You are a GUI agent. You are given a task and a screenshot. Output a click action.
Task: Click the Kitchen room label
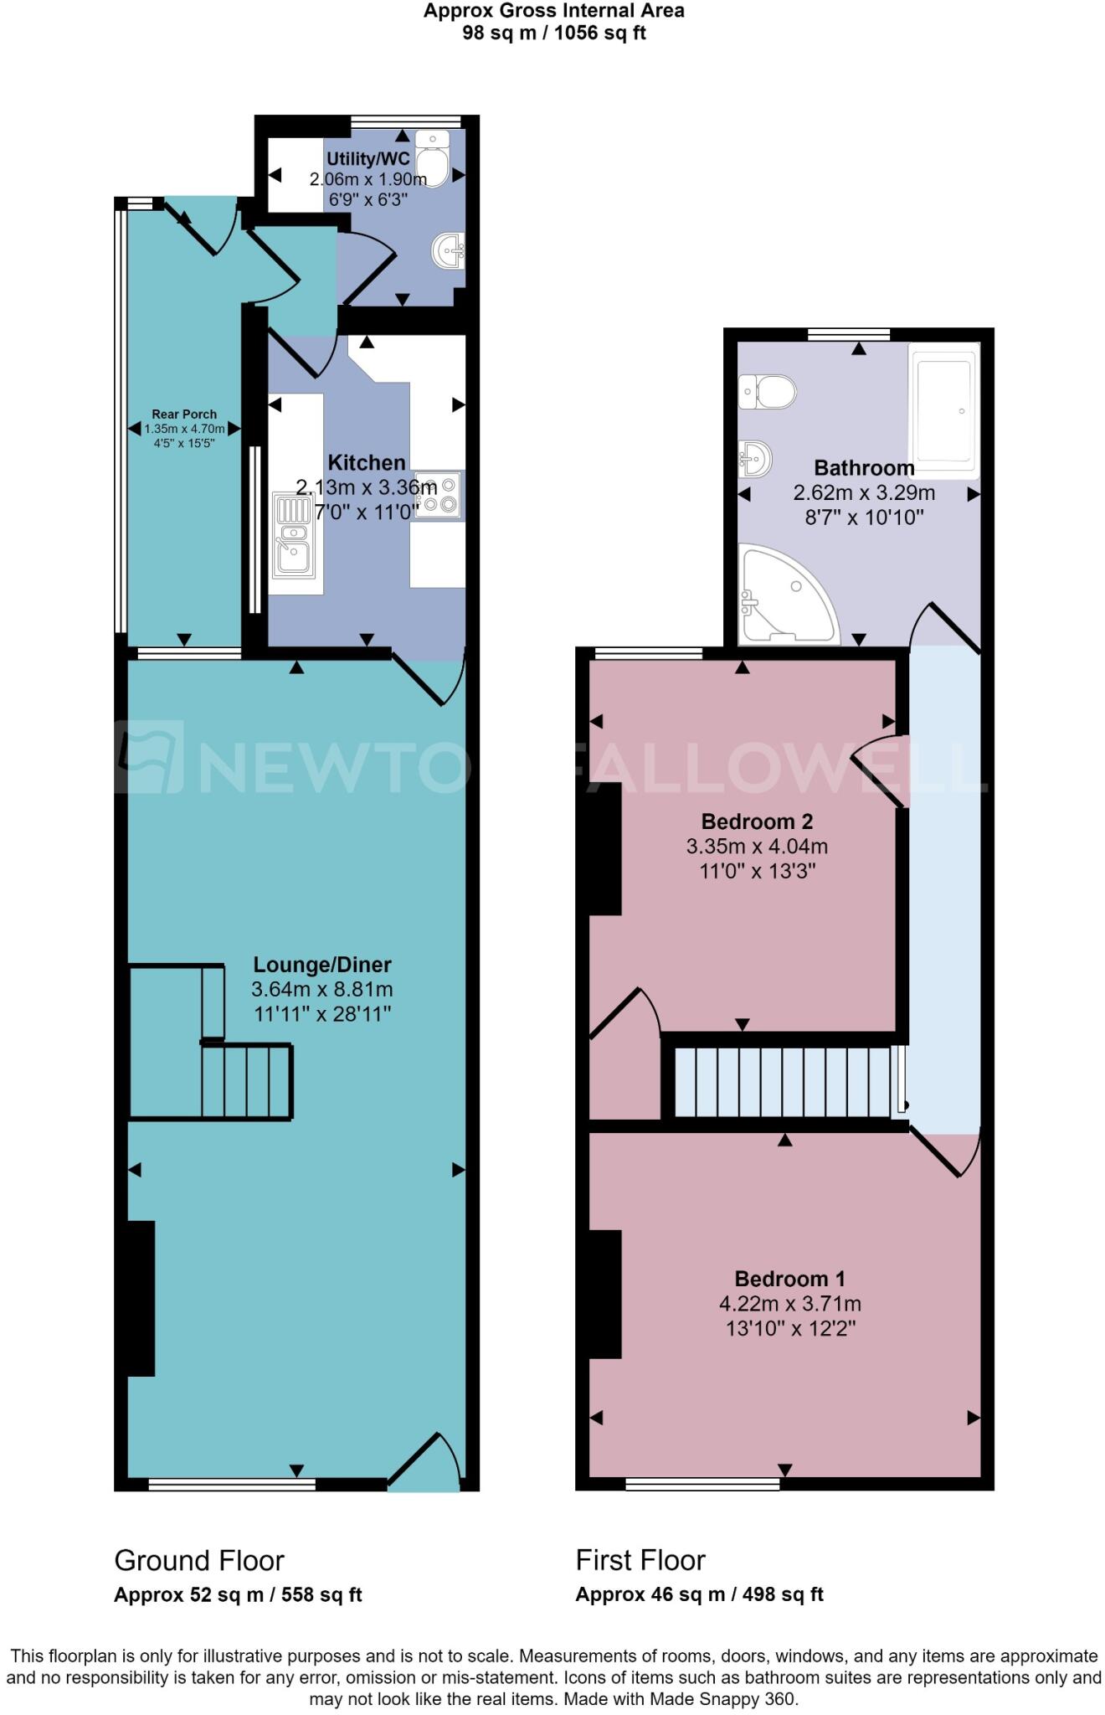366,462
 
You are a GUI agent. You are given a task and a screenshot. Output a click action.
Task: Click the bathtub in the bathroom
944,410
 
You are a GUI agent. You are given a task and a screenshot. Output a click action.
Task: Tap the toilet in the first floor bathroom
767,391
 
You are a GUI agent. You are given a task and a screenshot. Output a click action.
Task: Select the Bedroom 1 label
789,1279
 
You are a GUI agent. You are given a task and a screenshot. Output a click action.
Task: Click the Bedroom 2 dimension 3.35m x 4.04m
757,847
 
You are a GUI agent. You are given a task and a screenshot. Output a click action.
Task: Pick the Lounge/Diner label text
322,965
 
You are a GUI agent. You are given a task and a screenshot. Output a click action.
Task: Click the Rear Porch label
184,414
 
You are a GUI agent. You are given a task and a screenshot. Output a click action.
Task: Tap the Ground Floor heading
199,1560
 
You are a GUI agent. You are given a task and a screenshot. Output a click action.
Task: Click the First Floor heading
640,1560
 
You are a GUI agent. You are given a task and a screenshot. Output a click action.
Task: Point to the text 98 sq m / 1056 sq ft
554,33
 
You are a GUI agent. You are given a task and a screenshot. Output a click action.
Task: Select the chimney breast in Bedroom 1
605,1294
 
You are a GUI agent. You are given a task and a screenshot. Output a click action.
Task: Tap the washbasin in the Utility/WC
449,250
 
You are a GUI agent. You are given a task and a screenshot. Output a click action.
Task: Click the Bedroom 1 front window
702,1485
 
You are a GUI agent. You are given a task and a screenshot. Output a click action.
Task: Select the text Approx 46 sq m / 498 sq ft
699,1594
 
